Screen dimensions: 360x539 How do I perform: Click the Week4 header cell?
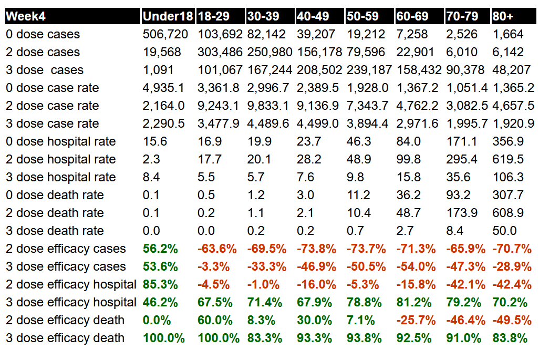pos(26,16)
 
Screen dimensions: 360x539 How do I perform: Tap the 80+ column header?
pos(503,16)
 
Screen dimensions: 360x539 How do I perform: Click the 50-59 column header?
pos(363,16)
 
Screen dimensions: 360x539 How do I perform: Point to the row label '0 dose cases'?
pos(43,35)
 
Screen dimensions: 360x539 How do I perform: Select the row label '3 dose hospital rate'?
pos(61,178)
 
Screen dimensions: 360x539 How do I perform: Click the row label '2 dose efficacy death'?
pos(65,321)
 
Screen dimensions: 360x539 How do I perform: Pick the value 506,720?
pos(164,35)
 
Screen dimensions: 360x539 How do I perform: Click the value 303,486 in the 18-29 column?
pos(220,53)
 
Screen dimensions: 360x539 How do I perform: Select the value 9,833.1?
pos(268,106)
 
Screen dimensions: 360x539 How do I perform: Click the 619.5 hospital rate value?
pos(508,160)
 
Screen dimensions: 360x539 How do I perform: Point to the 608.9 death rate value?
pos(508,213)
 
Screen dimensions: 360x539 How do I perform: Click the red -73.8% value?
pos(316,249)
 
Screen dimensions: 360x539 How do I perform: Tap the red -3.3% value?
pos(213,267)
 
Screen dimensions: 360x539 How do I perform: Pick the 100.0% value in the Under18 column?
pos(164,338)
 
